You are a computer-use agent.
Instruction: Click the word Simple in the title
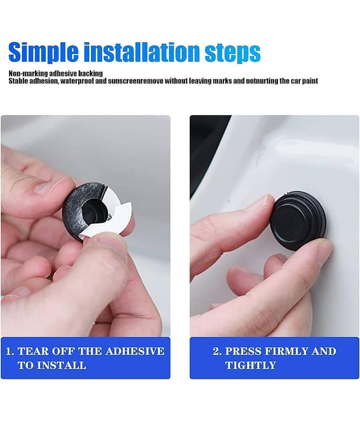[44, 52]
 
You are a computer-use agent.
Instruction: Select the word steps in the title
[232, 53]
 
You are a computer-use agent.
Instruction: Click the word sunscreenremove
[135, 81]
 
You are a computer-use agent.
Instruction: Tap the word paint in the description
[310, 81]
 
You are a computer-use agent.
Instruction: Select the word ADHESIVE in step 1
[135, 351]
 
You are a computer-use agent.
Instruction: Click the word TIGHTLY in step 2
[251, 366]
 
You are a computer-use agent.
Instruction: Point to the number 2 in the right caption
[216, 351]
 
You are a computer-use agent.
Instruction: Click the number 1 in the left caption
[8, 351]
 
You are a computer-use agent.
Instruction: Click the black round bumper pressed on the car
[299, 222]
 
